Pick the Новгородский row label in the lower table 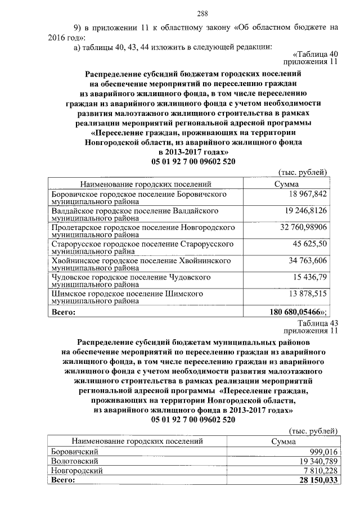[77, 471]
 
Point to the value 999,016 [323, 452]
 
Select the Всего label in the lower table [62, 480]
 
